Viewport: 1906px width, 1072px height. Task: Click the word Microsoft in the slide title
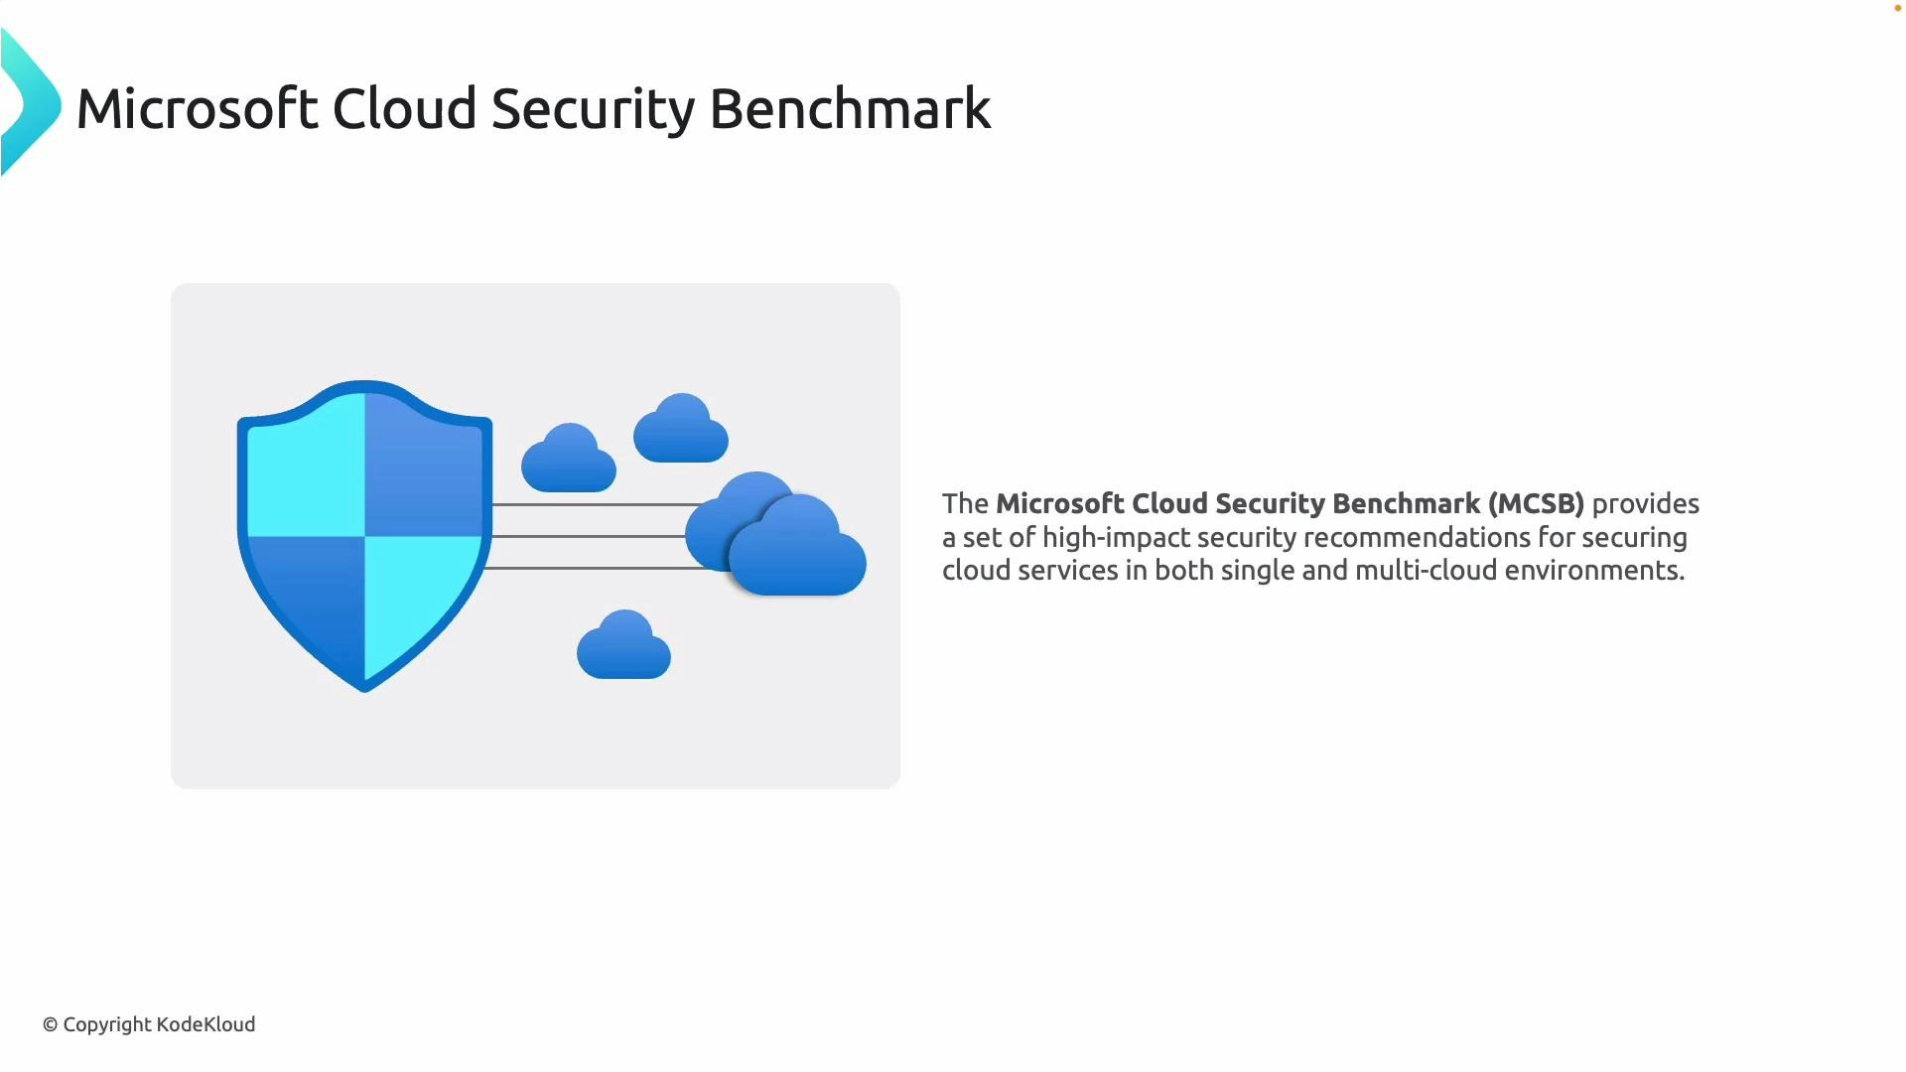click(x=197, y=108)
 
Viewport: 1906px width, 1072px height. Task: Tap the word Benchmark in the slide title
click(x=850, y=108)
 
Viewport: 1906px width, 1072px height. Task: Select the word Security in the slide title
click(x=592, y=108)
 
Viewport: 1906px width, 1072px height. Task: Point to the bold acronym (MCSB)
click(x=1536, y=503)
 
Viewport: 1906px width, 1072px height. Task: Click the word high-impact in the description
click(x=1116, y=537)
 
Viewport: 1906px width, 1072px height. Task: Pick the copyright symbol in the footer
click(x=50, y=1024)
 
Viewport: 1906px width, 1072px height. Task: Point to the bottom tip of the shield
click(x=364, y=687)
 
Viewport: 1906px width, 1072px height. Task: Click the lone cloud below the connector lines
click(x=623, y=648)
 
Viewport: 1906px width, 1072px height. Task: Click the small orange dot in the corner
click(x=1898, y=8)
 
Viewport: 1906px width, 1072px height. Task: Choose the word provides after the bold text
click(x=1645, y=503)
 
